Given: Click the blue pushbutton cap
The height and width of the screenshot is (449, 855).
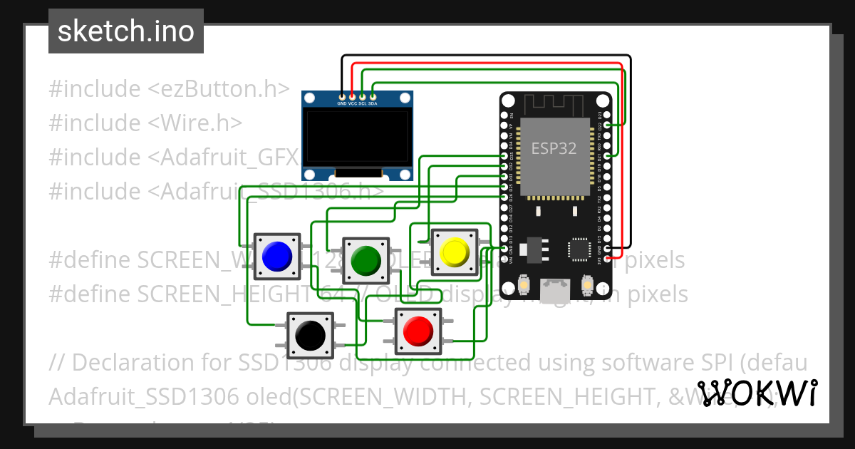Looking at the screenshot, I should pos(276,256).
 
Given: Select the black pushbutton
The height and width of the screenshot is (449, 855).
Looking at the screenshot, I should pos(310,334).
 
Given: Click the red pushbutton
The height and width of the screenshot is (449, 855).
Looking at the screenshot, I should pos(418,331).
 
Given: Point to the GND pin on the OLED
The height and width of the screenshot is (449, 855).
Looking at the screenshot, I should pos(342,96).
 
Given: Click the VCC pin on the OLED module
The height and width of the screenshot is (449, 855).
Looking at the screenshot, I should pos(352,96).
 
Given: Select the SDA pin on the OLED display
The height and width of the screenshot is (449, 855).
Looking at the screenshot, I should pos(373,96).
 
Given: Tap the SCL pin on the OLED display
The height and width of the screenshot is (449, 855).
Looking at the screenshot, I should pos(363,96).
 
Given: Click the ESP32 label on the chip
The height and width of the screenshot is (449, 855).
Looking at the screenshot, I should pos(554,148).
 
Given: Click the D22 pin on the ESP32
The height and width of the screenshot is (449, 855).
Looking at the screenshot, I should pos(608,124).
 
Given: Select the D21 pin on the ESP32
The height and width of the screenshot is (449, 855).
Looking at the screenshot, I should pos(608,155).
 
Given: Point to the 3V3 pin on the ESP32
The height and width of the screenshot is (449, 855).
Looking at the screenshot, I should pos(608,258).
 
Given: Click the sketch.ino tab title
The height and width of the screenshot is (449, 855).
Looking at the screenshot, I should pos(126,31).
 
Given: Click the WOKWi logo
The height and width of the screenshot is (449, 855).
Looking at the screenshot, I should pos(757,393).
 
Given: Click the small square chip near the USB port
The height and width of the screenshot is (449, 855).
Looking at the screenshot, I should pos(579,249).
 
